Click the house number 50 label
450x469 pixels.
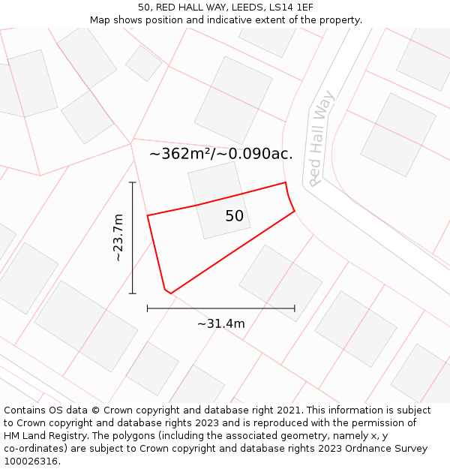(x=234, y=216)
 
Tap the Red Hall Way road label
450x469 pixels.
(x=322, y=139)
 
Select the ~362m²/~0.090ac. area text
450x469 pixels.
(x=221, y=155)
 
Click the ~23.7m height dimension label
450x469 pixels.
(x=117, y=237)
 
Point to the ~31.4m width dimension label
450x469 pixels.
(x=221, y=323)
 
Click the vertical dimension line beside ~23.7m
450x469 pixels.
(x=133, y=237)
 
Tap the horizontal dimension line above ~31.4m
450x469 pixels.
(x=221, y=308)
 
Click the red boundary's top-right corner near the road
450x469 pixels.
(x=286, y=182)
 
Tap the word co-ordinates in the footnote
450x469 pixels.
(x=32, y=449)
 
